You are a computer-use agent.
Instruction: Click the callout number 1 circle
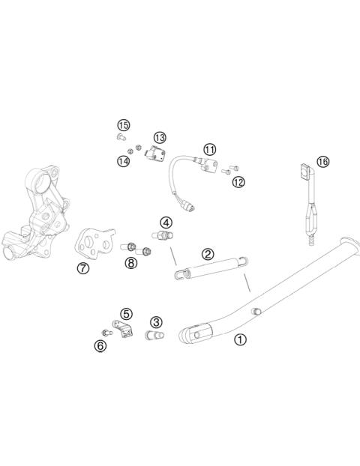(240, 339)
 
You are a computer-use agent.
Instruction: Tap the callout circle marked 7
(82, 268)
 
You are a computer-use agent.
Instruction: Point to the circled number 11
(209, 150)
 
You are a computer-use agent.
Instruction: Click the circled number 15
(123, 124)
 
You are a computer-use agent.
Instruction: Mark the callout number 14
(123, 160)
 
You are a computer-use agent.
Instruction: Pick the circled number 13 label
(160, 137)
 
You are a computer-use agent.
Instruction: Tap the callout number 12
(238, 182)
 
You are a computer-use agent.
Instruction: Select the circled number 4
(166, 222)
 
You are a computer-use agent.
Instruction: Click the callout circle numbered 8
(131, 262)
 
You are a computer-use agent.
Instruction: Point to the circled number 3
(156, 321)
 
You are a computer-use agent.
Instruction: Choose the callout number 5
(127, 313)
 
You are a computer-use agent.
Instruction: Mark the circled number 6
(100, 345)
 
